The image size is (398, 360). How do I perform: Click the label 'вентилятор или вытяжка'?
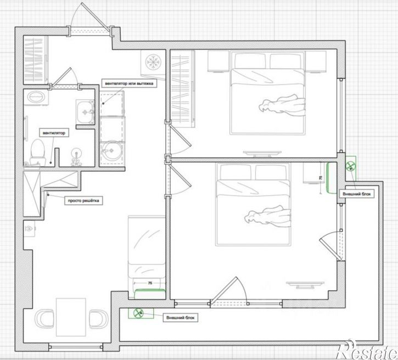click(129, 83)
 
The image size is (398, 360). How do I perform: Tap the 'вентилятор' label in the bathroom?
click(54, 133)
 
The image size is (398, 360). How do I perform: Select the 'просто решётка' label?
click(83, 201)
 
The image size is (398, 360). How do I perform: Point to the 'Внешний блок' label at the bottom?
click(180, 318)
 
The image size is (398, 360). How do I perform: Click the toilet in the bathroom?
click(38, 151)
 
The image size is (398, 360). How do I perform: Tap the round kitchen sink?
click(112, 151)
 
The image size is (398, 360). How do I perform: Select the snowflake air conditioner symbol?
click(153, 62)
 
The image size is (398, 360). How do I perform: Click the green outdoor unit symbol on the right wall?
click(351, 166)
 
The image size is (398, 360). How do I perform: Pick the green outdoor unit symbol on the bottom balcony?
click(138, 313)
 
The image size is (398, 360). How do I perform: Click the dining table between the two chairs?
click(71, 317)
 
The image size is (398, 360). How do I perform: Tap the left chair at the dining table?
click(44, 319)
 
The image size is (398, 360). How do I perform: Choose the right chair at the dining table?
click(99, 319)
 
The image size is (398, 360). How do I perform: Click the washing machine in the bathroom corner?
click(36, 97)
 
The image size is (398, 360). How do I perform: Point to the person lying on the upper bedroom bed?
click(282, 105)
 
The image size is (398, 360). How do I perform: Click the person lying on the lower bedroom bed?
click(267, 216)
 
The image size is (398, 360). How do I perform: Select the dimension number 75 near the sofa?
click(150, 283)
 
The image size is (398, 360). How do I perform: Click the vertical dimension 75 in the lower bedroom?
click(321, 178)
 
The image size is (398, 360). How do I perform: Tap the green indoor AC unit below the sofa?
click(150, 294)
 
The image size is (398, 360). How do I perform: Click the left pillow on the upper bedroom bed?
click(250, 60)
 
